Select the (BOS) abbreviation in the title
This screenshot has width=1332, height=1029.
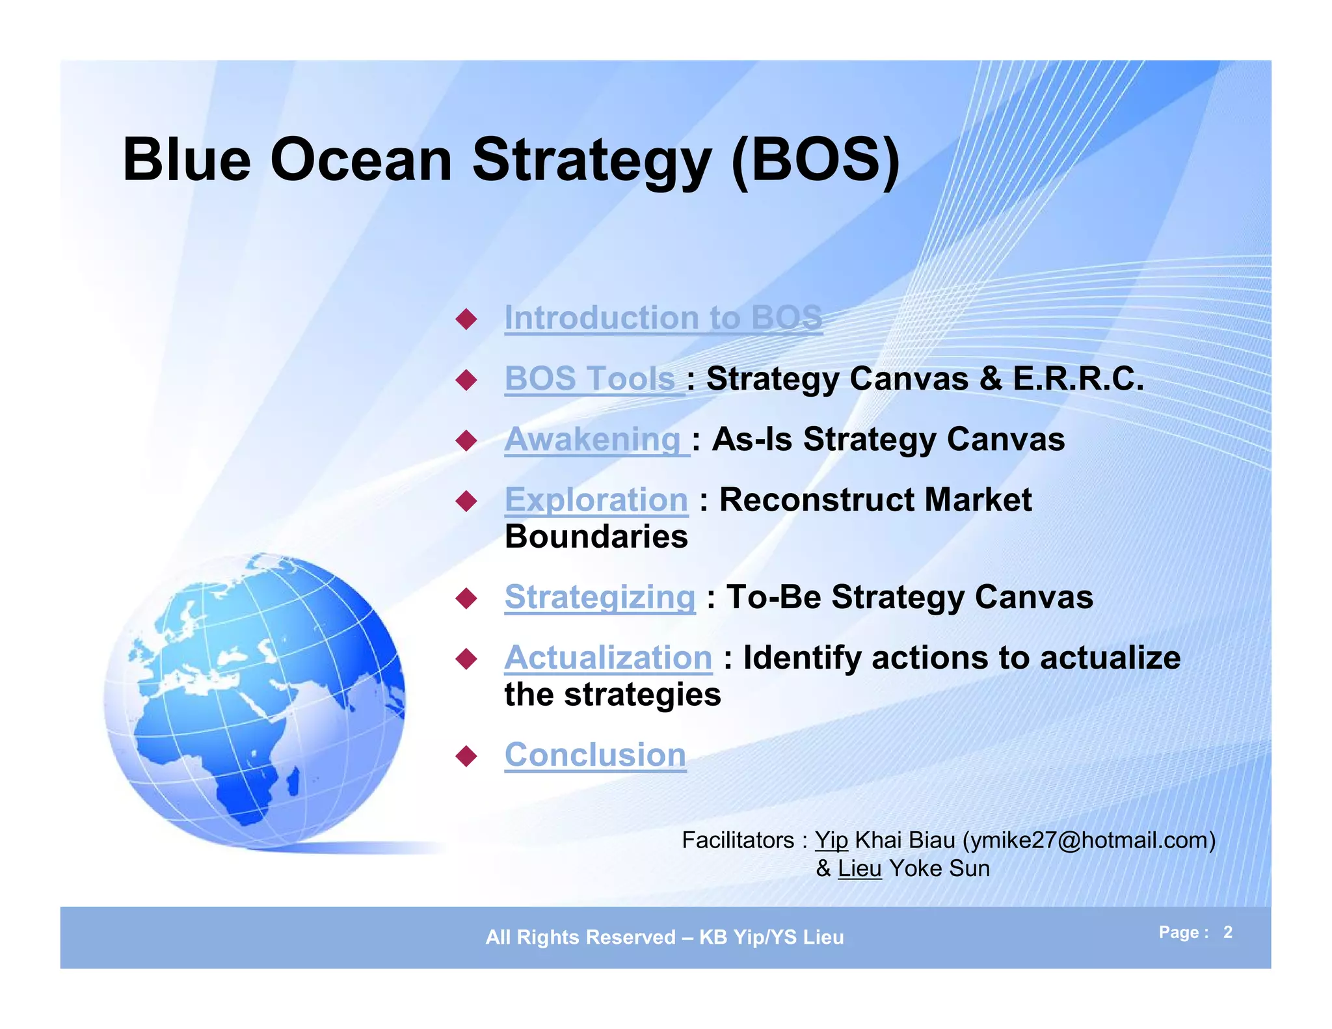[x=816, y=160]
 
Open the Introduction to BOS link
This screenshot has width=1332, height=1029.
[x=663, y=318]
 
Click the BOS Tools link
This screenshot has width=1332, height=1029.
[x=590, y=379]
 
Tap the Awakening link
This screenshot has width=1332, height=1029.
[x=593, y=439]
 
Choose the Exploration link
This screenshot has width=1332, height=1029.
[x=596, y=500]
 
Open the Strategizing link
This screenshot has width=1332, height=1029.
[x=600, y=597]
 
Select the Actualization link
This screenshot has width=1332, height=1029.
[x=608, y=658]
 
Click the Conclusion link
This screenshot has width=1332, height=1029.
[x=595, y=755]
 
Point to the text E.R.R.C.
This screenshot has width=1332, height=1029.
[x=1078, y=379]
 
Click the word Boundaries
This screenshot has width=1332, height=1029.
[x=596, y=537]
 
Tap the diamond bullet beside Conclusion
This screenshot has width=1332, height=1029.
[x=466, y=756]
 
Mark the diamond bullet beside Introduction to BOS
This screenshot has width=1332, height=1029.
[x=466, y=319]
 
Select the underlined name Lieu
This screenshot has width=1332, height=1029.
[x=859, y=869]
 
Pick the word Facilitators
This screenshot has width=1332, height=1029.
[x=738, y=840]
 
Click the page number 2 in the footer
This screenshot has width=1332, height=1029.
[x=1227, y=932]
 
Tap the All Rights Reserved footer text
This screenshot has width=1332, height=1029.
[x=664, y=937]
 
